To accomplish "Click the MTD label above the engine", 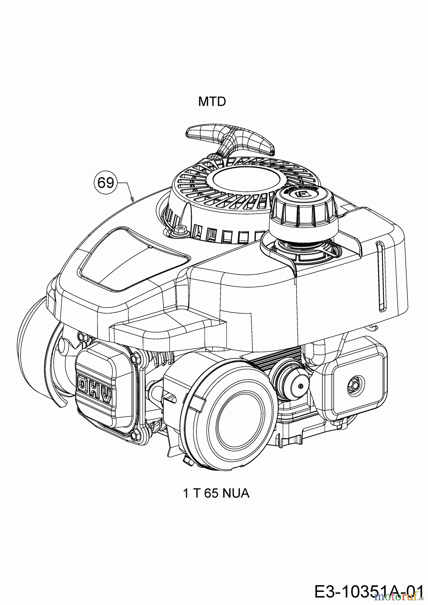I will [212, 102].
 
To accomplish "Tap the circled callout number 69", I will [105, 183].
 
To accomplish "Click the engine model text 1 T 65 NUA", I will [216, 493].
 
